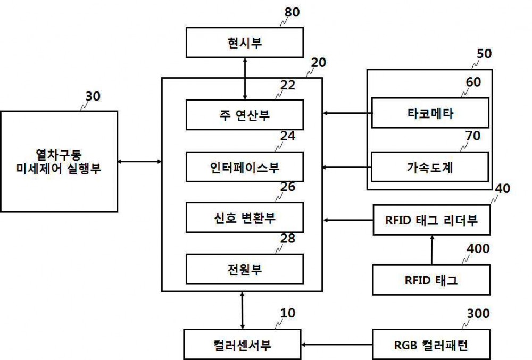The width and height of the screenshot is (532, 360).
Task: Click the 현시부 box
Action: [x=245, y=43]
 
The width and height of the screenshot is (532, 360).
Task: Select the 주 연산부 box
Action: [x=245, y=115]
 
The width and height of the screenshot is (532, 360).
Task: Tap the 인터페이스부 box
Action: [x=245, y=167]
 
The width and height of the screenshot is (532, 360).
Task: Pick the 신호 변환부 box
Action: [x=245, y=217]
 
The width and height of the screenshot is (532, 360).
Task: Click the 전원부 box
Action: [x=245, y=269]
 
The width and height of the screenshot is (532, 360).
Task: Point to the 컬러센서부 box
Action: [x=242, y=345]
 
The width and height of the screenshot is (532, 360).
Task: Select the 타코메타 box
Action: [x=430, y=113]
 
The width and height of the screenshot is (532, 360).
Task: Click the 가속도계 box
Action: [x=430, y=167]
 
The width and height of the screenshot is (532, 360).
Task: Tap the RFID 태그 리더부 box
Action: [x=431, y=220]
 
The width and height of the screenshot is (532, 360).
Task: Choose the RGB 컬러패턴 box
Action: [x=431, y=345]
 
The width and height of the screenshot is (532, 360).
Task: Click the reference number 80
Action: [x=292, y=12]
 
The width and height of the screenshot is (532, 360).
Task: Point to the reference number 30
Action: [x=93, y=96]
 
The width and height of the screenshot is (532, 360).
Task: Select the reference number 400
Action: [x=478, y=248]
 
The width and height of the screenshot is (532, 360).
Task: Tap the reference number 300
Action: [x=478, y=314]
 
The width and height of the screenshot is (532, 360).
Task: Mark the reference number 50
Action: [x=484, y=54]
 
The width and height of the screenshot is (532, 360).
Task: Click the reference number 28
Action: [x=288, y=238]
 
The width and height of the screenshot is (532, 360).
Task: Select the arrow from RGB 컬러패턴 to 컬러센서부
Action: [x=337, y=345]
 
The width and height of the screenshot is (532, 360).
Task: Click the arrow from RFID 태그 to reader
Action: [x=432, y=250]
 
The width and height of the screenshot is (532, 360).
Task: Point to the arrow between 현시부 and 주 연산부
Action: [x=245, y=79]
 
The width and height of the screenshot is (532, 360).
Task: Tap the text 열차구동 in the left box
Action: [x=59, y=155]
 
